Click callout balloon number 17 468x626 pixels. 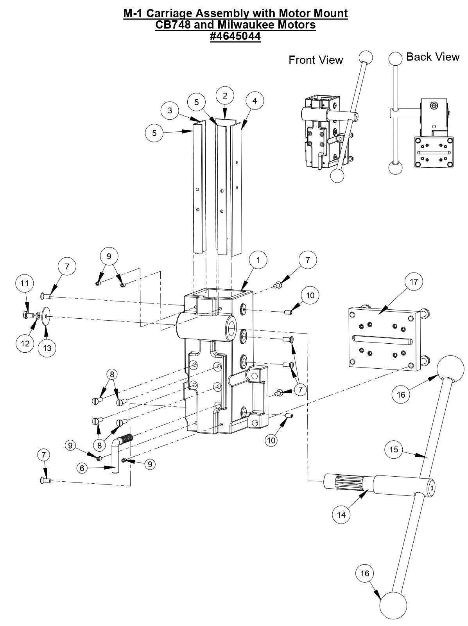click(x=414, y=282)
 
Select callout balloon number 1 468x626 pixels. click(x=258, y=260)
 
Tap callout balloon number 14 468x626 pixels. click(x=341, y=515)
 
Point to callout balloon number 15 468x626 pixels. click(x=394, y=449)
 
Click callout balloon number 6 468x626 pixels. click(x=82, y=468)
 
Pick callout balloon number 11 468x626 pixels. click(x=25, y=283)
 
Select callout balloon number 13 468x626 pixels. click(x=47, y=348)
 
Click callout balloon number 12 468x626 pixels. click(x=25, y=343)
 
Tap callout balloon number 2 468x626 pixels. click(x=225, y=95)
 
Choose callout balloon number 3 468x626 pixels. click(x=170, y=110)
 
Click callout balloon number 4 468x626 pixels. click(x=255, y=100)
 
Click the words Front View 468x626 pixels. click(x=316, y=60)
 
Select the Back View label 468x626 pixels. click(x=432, y=57)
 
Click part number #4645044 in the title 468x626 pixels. click(x=235, y=36)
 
